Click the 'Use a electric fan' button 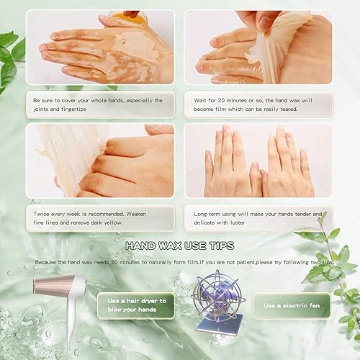(x=292, y=305)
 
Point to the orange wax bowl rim (x=130, y=14)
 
